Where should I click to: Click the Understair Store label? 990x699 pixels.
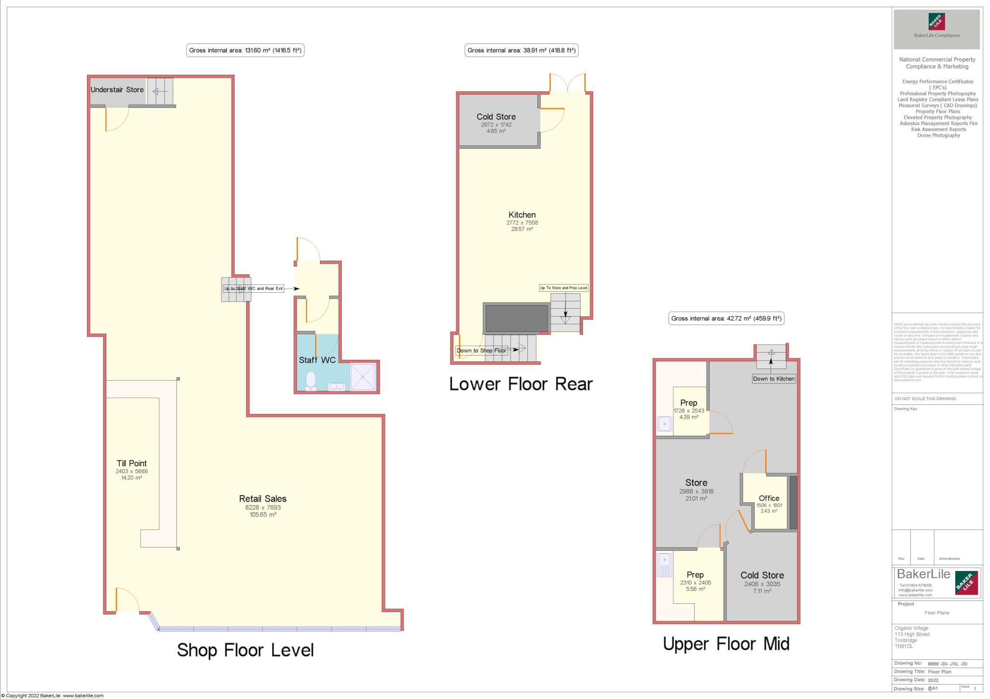coord(117,90)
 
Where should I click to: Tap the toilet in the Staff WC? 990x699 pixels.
coord(311,380)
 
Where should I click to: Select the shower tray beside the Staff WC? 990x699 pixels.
coord(363,376)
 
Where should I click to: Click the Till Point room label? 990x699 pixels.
coord(131,463)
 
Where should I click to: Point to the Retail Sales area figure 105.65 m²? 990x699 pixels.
coord(263,514)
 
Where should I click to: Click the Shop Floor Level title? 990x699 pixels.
coord(245,650)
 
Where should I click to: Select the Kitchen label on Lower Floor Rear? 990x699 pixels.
coord(522,215)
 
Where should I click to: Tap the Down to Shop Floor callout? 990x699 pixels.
coord(481,351)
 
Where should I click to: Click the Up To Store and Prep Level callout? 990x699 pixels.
coord(564,288)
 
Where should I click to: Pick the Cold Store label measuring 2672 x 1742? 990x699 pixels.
coord(496,117)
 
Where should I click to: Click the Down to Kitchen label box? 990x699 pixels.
coord(773,379)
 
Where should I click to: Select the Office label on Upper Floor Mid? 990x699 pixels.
coord(769,498)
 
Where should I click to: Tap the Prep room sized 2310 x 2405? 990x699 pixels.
coord(695,575)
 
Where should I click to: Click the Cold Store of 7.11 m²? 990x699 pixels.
coord(762,575)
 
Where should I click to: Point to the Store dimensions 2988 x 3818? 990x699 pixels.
coord(696,491)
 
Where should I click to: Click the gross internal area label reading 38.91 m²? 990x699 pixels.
coord(521,50)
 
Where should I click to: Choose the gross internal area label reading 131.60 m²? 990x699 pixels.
coord(245,50)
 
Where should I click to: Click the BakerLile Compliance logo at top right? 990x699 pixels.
coord(936,29)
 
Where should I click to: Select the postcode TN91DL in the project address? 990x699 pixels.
coord(903,646)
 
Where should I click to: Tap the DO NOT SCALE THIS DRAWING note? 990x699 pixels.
coord(925,399)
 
